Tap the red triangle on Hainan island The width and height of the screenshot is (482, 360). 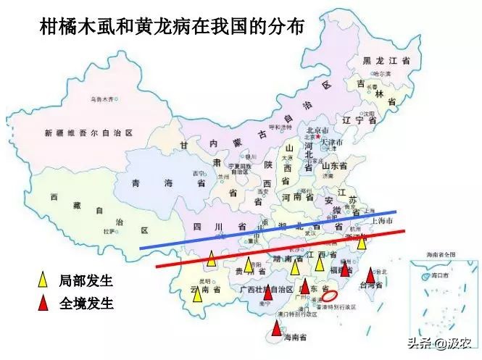click(x=276, y=329)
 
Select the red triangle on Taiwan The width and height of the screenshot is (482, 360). click(x=370, y=275)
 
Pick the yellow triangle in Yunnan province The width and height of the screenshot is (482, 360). click(x=197, y=294)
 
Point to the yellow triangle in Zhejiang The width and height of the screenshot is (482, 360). click(x=362, y=242)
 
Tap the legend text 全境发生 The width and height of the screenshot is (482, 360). click(x=86, y=303)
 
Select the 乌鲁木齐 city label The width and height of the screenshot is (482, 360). click(x=102, y=99)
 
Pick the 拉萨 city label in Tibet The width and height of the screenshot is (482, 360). click(x=109, y=232)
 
